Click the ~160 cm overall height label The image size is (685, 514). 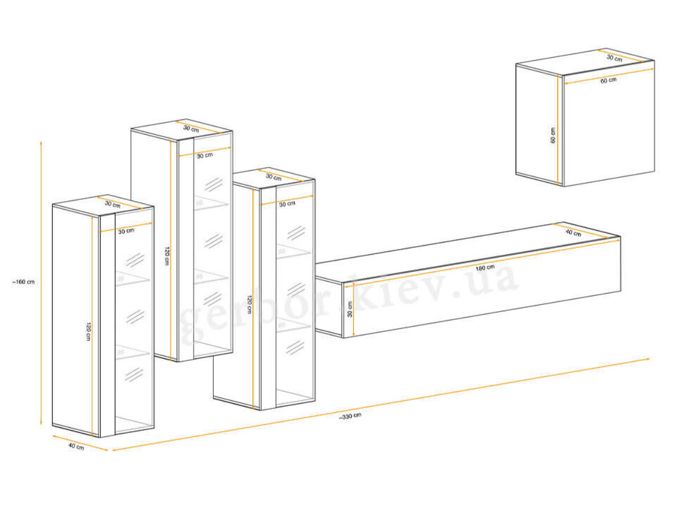click(x=23, y=282)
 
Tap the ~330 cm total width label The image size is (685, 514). click(x=350, y=416)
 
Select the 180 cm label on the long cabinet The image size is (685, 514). click(x=485, y=268)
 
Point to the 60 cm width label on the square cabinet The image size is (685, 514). click(x=609, y=80)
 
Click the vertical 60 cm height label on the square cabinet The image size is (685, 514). click(x=553, y=135)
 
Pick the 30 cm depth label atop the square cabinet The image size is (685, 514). click(x=614, y=58)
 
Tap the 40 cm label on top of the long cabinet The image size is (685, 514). click(x=573, y=232)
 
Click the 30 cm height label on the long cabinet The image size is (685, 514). click(x=349, y=309)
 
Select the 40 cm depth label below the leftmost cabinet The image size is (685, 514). click(x=76, y=447)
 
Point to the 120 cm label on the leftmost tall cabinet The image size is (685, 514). click(x=88, y=331)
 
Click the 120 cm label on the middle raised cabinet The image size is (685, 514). click(x=167, y=256)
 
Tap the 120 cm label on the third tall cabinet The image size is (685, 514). click(x=249, y=304)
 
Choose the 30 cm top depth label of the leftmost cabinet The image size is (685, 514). click(x=112, y=204)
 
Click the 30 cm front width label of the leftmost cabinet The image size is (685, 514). click(x=126, y=231)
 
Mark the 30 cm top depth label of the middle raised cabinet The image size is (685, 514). click(x=191, y=128)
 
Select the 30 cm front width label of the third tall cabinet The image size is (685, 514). click(x=287, y=204)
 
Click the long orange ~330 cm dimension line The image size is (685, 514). click(x=381, y=404)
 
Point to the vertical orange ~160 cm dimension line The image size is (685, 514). click(x=41, y=283)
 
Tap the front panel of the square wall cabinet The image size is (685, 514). click(x=609, y=127)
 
